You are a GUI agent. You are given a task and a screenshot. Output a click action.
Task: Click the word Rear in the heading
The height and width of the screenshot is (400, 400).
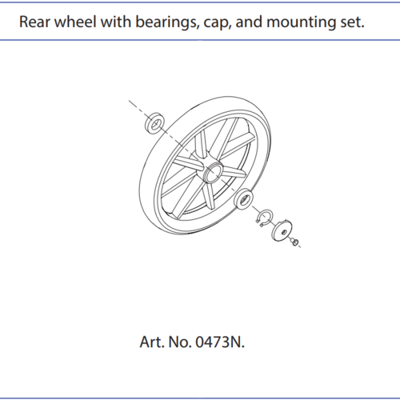pyautogui.click(x=34, y=22)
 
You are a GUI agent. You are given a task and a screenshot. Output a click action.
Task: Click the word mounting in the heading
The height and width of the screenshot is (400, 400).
pyautogui.click(x=302, y=22)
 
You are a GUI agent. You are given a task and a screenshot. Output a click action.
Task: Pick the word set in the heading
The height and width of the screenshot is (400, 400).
pyautogui.click(x=352, y=22)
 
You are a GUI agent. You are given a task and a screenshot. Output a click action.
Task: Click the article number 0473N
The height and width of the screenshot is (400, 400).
pyautogui.click(x=220, y=342)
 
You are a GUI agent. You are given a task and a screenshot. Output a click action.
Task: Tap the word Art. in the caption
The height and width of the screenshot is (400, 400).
pyautogui.click(x=152, y=342)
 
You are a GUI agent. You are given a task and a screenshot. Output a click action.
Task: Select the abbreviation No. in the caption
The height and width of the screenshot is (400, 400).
pyautogui.click(x=180, y=342)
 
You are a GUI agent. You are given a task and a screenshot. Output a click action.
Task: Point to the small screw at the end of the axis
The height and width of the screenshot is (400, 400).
pyautogui.click(x=294, y=241)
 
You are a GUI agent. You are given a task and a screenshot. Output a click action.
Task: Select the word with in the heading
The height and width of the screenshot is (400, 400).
pyautogui.click(x=116, y=22)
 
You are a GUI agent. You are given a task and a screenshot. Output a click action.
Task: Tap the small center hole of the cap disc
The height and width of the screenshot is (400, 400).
pyautogui.click(x=284, y=232)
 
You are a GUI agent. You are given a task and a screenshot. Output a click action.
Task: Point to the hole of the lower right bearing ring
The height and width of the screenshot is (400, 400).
pyautogui.click(x=244, y=199)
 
